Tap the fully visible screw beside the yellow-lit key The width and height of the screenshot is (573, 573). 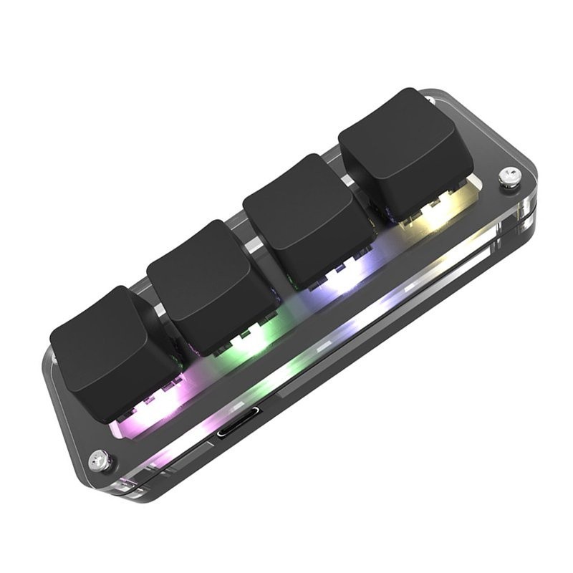[509, 175]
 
